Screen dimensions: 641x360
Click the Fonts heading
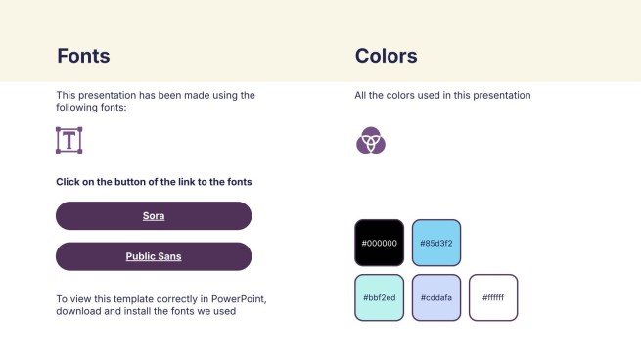(x=83, y=56)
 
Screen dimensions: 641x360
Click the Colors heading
(x=386, y=56)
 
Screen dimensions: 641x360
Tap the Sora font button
(x=154, y=216)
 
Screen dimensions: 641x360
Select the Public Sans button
(x=154, y=256)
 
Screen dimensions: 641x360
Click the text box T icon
(x=69, y=140)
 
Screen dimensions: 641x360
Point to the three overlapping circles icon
(x=371, y=140)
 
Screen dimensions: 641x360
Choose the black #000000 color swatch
(x=380, y=243)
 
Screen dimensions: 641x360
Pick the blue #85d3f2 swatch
(x=436, y=243)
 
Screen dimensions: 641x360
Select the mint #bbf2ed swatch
(x=380, y=297)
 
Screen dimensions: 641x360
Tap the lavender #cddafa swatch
(x=436, y=297)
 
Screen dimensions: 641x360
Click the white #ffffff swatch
(x=493, y=297)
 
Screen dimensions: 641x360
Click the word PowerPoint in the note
(x=239, y=299)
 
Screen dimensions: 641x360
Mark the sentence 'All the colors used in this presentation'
(x=442, y=95)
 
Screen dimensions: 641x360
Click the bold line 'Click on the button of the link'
(x=154, y=182)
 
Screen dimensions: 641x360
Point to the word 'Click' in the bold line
(x=68, y=182)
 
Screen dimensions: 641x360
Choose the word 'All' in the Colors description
(x=360, y=95)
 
